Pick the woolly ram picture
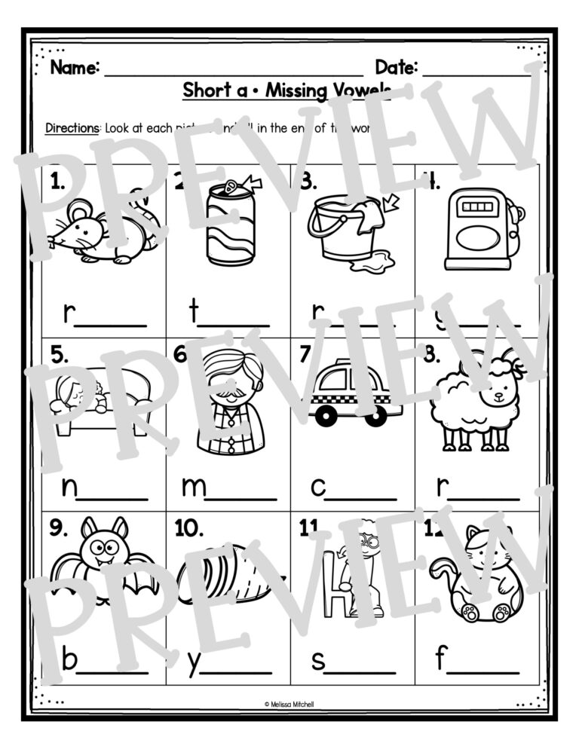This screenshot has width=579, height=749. point(476,399)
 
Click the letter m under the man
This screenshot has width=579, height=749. point(194,488)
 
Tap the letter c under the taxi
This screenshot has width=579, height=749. point(318,488)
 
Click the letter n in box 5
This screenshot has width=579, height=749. point(69,488)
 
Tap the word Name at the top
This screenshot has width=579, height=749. point(75,68)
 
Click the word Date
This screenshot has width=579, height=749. point(397,68)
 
